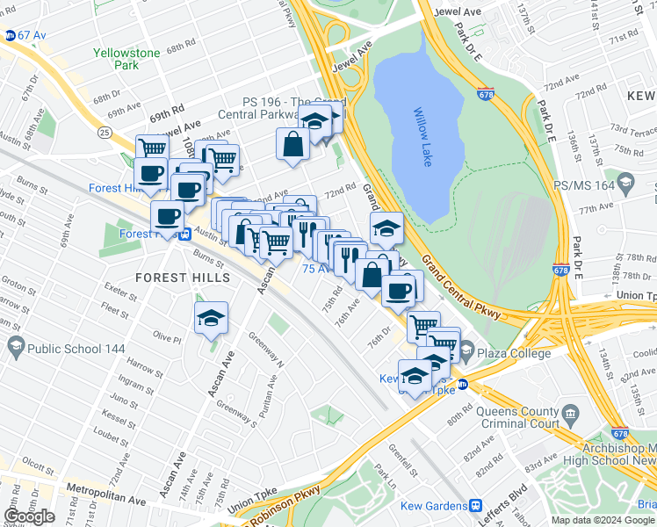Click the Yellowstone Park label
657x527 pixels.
click(x=127, y=59)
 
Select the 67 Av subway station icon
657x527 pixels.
click(x=10, y=35)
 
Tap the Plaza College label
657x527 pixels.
click(x=516, y=352)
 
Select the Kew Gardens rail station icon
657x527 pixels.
click(x=475, y=506)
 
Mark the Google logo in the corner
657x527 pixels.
click(x=29, y=516)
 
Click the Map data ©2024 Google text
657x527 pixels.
click(x=603, y=520)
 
